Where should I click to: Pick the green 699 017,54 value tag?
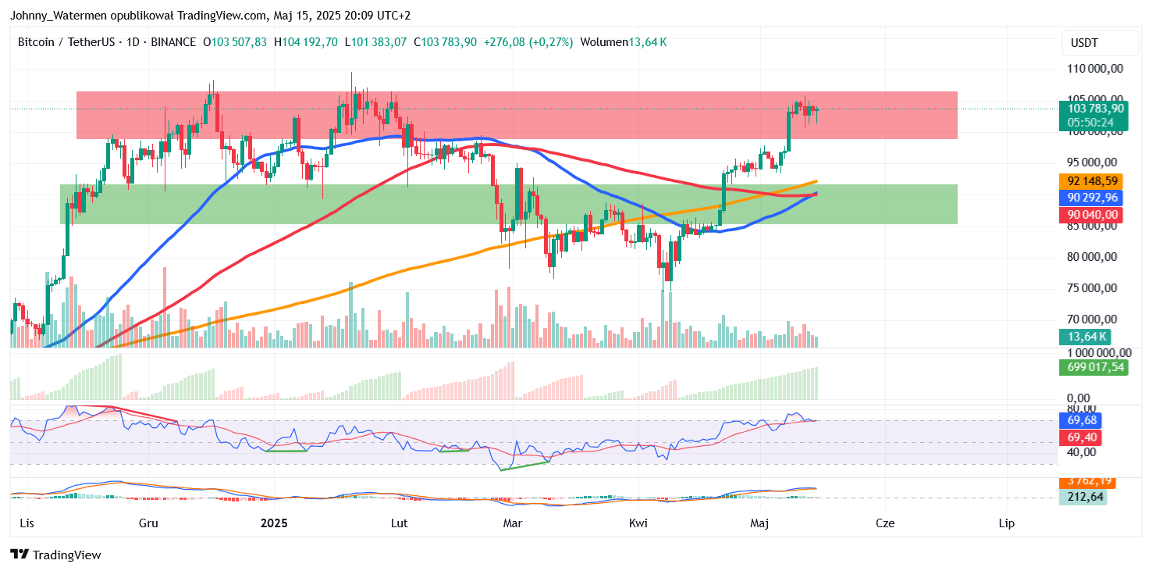pyautogui.click(x=1097, y=367)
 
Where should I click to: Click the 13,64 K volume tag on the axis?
pyautogui.click(x=1083, y=337)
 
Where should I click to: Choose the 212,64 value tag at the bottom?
pyautogui.click(x=1083, y=497)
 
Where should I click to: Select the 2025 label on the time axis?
pyautogui.click(x=274, y=523)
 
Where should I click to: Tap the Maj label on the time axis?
pyautogui.click(x=760, y=523)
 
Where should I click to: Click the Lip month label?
pyautogui.click(x=1007, y=523)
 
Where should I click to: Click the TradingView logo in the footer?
pyautogui.click(x=55, y=555)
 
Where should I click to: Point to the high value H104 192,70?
pyautogui.click(x=305, y=41)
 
